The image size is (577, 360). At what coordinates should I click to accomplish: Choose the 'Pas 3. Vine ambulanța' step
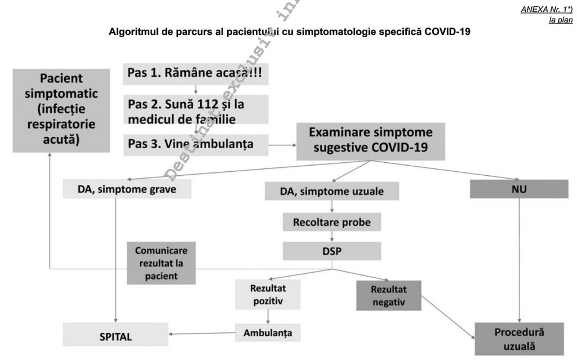pos(194,144)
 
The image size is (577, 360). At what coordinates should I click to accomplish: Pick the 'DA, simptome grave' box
pos(127,190)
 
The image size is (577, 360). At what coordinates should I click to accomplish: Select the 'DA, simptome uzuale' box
pos(332,192)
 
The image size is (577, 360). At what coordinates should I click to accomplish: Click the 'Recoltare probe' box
pos(332,222)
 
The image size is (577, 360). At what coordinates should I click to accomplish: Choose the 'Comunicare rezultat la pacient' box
pos(161,263)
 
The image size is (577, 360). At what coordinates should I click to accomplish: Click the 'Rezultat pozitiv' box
pos(266,294)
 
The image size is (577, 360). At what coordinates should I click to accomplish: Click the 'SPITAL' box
pos(116,337)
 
